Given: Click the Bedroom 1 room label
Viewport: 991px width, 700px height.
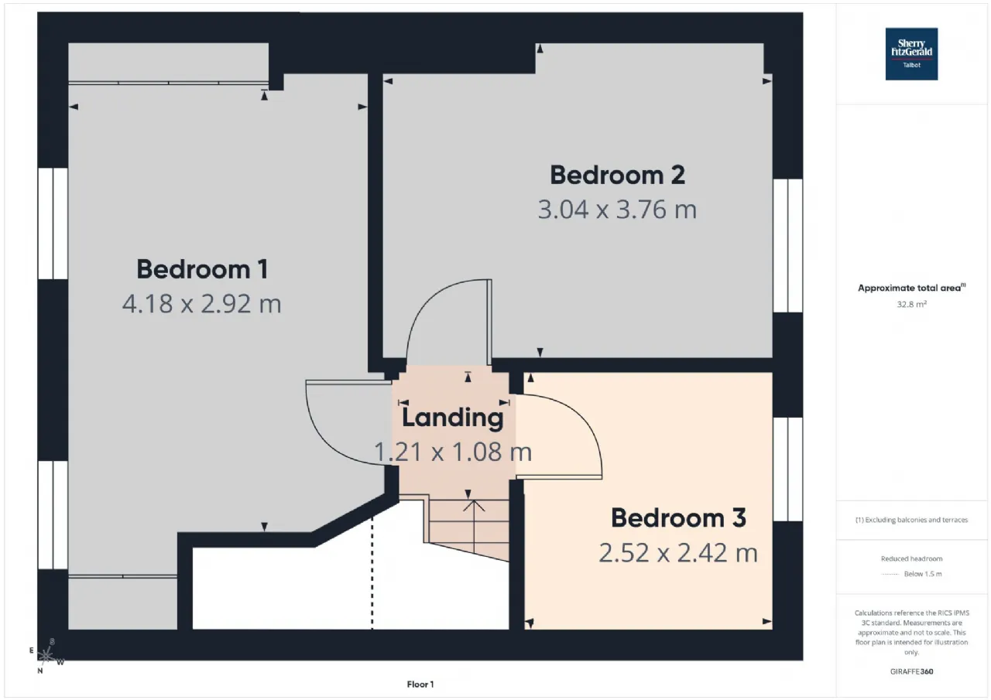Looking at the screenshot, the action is click(202, 269).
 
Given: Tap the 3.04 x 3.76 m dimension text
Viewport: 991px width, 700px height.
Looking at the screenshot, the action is click(617, 210).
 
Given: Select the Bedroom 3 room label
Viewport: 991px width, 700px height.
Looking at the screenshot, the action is click(678, 518).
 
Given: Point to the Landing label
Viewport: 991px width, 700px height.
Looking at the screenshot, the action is click(453, 418).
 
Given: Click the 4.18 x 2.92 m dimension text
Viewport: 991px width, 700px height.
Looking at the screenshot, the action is click(202, 304).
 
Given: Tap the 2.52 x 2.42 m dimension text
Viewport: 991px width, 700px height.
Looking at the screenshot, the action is click(678, 553).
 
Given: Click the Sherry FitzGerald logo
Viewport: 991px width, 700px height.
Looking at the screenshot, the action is click(911, 54).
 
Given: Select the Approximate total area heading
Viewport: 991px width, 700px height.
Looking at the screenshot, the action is click(911, 288).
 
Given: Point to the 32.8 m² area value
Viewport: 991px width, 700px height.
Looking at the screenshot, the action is click(911, 304).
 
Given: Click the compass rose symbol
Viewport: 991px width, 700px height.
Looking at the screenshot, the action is click(46, 656).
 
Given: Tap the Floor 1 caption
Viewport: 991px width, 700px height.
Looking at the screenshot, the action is click(420, 684).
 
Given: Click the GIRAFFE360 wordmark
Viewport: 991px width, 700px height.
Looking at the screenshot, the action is click(911, 671).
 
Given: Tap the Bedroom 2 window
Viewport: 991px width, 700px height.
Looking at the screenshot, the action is click(788, 245).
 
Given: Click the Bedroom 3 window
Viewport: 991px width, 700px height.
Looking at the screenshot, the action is click(788, 470).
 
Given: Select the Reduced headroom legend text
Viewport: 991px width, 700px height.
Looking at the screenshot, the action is click(911, 558).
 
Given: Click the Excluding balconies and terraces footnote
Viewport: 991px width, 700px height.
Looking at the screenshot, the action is click(911, 520).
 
